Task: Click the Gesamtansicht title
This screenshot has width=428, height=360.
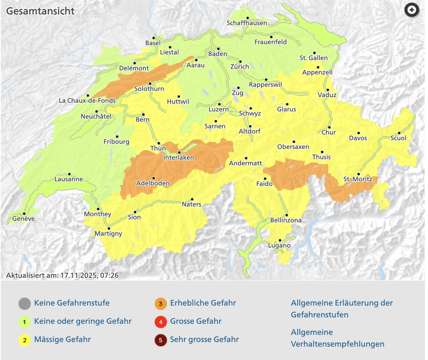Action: pos(40,11)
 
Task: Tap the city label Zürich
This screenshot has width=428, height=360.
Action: pos(240,67)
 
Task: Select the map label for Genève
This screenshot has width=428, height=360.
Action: pos(23,219)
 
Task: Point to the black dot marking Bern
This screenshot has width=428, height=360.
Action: pos(143,114)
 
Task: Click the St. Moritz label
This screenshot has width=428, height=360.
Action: pos(358,179)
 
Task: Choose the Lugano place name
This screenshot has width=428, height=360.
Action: pos(279,246)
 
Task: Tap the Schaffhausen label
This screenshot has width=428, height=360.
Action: pos(247,23)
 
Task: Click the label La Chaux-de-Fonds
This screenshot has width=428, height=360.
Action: pos(87,101)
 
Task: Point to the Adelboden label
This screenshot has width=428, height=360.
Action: pos(153,183)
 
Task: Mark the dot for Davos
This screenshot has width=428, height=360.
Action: pos(359,133)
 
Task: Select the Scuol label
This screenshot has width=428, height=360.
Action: pos(398,138)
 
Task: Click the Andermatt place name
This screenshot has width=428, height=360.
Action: pos(245,163)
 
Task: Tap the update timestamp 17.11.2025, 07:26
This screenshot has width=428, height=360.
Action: pos(89,275)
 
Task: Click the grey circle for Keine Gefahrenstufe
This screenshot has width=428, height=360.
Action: pos(25,303)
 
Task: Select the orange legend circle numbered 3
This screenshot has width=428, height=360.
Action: pos(160,303)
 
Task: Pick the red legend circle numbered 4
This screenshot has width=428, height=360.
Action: pos(160,322)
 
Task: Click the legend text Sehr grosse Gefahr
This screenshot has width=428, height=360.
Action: pos(204,339)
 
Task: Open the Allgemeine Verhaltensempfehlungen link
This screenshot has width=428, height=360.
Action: pos(337,338)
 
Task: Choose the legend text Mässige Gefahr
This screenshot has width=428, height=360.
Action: pos(62,339)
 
